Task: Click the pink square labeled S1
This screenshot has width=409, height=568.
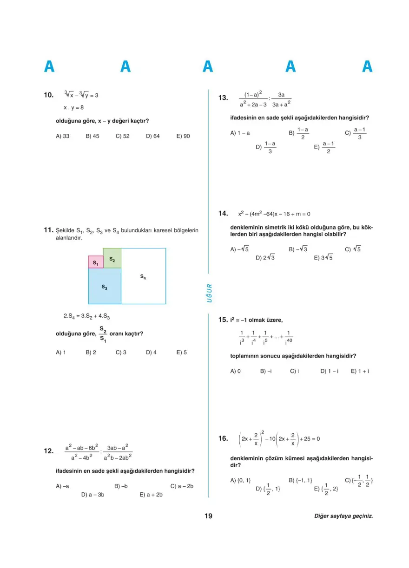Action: pos(96,262)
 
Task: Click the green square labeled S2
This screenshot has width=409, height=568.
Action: pos(112,258)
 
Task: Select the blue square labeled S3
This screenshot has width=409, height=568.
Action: pos(105,286)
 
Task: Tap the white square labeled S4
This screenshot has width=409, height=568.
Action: pos(143,276)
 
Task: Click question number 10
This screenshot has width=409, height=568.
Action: pos(49,95)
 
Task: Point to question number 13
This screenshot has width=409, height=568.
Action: pos(223,98)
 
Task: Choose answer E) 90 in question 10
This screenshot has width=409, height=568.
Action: pos(183,136)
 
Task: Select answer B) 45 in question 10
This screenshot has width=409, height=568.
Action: pos(92,136)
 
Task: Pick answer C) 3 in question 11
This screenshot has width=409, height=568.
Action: pos(121,353)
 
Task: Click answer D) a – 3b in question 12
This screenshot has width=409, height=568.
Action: pos(92,495)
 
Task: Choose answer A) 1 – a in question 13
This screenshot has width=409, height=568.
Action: pos(240,133)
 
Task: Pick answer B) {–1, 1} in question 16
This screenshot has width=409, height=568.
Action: pos(300,480)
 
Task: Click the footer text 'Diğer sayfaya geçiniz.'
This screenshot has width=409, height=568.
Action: pos(343,516)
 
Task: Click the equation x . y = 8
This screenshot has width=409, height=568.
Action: pos(73,107)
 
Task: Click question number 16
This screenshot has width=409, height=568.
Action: pos(223,438)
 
